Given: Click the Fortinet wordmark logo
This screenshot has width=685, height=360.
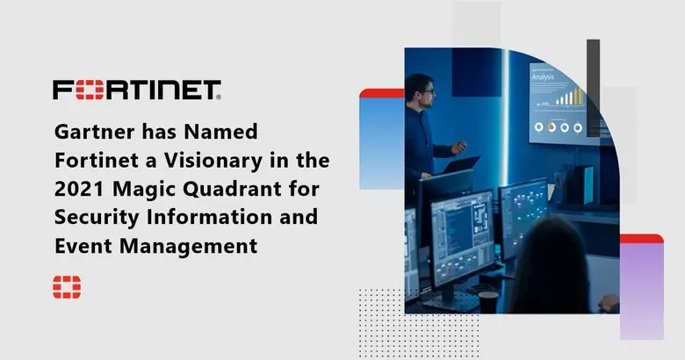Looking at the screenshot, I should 136,90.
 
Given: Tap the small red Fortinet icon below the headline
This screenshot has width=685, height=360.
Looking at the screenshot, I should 67,286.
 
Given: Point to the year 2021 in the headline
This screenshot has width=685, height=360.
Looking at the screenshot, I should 78,191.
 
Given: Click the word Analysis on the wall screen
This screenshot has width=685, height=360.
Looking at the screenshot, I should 542,76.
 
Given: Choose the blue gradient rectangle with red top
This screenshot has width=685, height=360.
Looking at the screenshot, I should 381,140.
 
